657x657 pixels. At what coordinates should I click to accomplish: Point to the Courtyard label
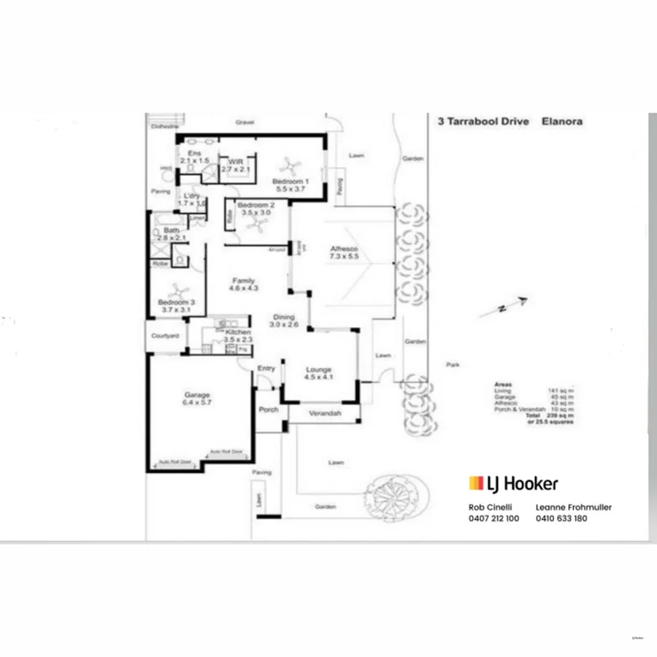tap(165, 336)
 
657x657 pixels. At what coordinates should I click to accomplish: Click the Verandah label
tap(325, 413)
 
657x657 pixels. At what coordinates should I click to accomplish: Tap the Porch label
tap(269, 410)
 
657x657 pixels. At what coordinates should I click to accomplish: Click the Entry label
tap(266, 369)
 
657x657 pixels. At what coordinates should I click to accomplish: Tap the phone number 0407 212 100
tap(493, 518)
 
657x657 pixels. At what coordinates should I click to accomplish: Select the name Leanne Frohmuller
tap(574, 507)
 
